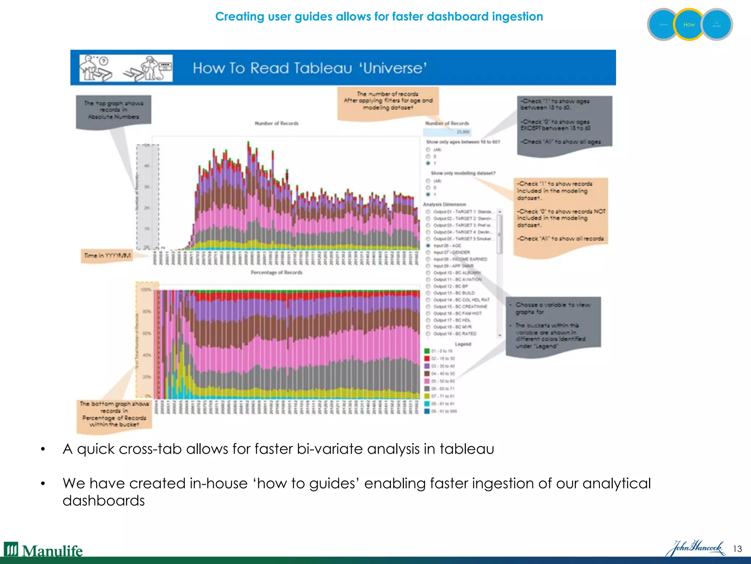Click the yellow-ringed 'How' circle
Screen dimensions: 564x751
click(689, 25)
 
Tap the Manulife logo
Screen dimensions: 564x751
click(43, 550)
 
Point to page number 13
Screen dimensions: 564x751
click(737, 549)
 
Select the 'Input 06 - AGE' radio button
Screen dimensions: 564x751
click(428, 245)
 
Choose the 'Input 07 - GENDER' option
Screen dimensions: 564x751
click(428, 252)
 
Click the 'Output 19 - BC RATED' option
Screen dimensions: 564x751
click(428, 334)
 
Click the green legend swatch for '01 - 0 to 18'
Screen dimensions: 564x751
click(427, 351)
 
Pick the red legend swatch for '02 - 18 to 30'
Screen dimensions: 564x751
click(427, 358)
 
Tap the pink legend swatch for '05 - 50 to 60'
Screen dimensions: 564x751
click(427, 381)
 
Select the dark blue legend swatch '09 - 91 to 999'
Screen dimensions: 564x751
click(427, 411)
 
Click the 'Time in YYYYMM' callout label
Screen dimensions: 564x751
click(107, 256)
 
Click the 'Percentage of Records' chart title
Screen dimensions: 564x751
click(276, 272)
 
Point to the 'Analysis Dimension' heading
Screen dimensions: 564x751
click(444, 204)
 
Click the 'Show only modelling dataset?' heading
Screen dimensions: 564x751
click(463, 173)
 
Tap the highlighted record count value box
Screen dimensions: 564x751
click(447, 132)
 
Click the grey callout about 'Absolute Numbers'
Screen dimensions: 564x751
click(113, 110)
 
